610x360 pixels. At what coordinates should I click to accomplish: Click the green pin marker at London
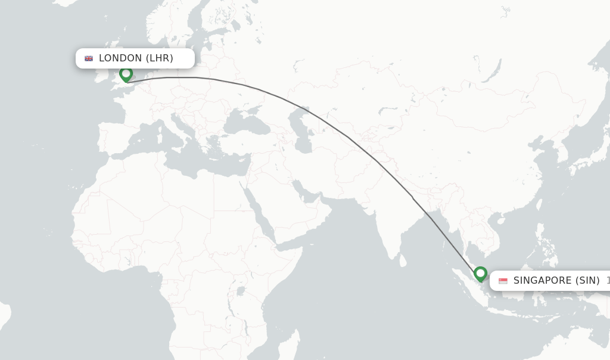(126, 75)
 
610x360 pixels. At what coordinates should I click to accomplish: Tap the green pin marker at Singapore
(480, 274)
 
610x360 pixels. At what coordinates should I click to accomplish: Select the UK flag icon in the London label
(89, 58)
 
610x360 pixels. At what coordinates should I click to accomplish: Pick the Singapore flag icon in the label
(503, 281)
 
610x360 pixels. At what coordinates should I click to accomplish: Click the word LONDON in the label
(120, 58)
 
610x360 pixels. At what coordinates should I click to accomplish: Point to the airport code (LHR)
(160, 58)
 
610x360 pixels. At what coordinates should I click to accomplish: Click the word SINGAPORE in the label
(542, 281)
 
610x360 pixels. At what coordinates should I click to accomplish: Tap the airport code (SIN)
(588, 281)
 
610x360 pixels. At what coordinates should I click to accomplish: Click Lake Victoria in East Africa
(241, 291)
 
